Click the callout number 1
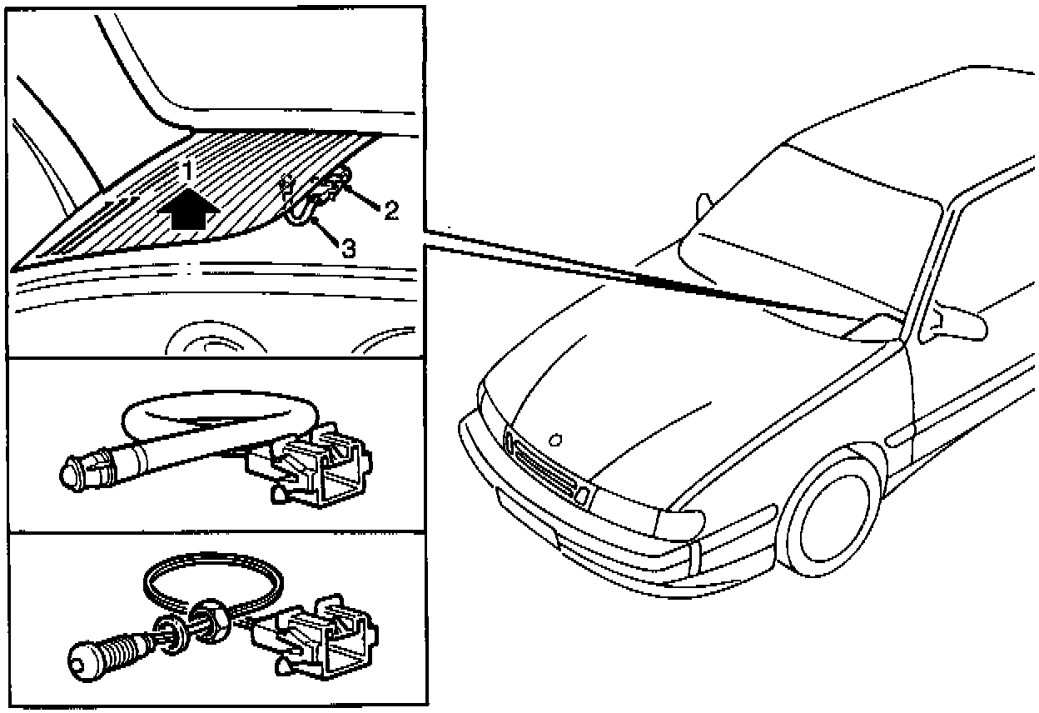click(189, 172)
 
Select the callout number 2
click(390, 210)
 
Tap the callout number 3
click(349, 247)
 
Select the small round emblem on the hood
click(557, 437)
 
